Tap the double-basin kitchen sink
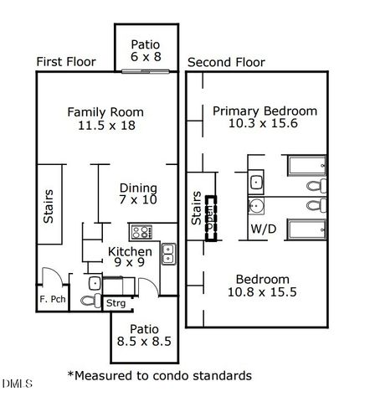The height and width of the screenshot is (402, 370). tap(167, 252)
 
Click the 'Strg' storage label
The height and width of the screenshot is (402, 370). tap(116, 303)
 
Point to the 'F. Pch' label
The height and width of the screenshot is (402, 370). tap(53, 299)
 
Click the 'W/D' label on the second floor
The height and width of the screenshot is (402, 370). tap(262, 227)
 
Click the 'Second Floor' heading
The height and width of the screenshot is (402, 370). tap(226, 62)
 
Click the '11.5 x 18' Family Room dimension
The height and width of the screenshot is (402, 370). tap(105, 126)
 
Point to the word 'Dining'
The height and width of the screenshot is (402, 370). tap(138, 188)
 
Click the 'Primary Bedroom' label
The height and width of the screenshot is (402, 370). tap(265, 111)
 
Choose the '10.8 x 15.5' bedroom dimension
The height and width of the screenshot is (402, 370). tap(263, 293)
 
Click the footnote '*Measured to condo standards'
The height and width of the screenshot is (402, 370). tap(159, 375)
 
